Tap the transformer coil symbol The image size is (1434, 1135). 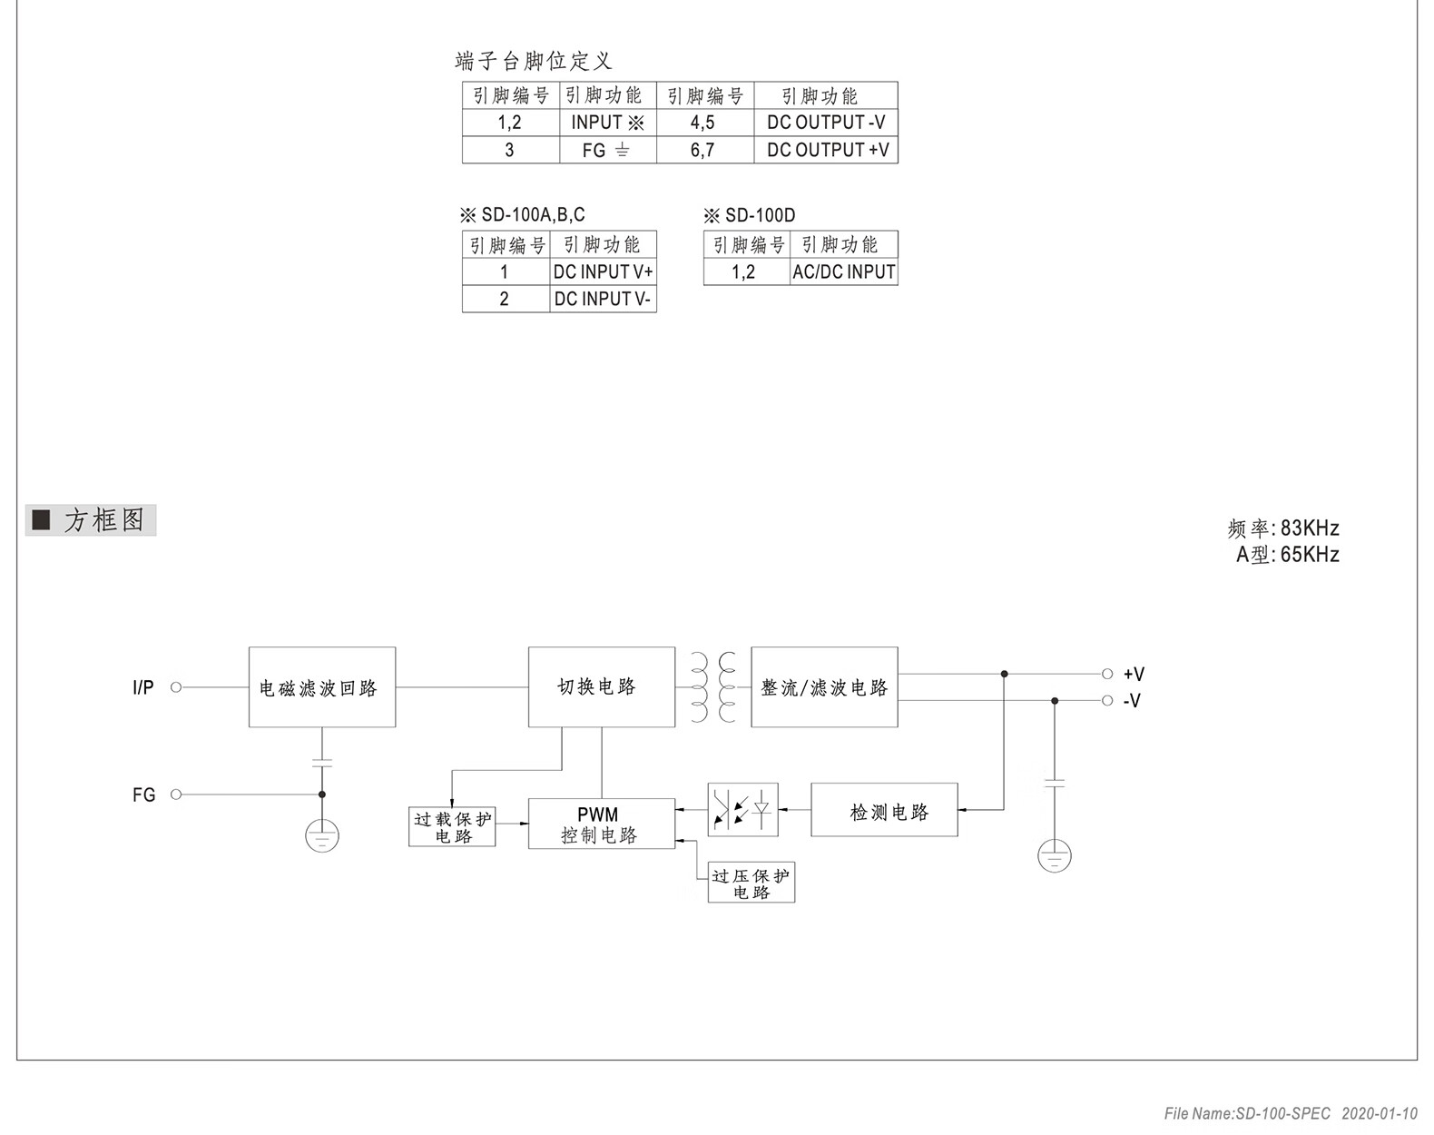(713, 686)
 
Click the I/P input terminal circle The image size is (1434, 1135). (176, 686)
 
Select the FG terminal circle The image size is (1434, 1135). (176, 794)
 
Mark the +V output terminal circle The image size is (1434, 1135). (1107, 675)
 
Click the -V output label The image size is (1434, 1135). (1132, 701)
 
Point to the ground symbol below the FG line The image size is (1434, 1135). (322, 836)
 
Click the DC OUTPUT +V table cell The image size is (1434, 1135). (826, 150)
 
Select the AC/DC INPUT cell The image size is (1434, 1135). (843, 272)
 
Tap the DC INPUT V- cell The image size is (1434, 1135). (603, 299)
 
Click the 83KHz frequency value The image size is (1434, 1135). (1310, 528)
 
